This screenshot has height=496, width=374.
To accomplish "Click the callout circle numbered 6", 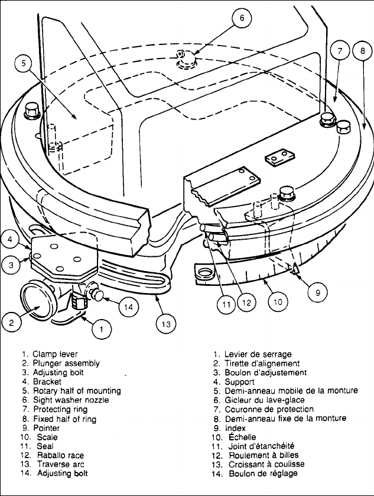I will coord(241,18).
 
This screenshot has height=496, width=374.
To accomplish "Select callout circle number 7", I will coord(340,51).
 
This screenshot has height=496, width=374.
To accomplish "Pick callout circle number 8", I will coord(360,51).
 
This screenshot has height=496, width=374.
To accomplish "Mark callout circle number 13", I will coord(167,323).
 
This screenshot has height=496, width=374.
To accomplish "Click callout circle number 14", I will coord(129,307).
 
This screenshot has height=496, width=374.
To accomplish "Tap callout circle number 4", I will coord(12,240).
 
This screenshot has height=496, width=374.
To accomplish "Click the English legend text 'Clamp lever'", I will coord(57,354).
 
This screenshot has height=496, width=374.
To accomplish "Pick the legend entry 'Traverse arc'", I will coord(60,464).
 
